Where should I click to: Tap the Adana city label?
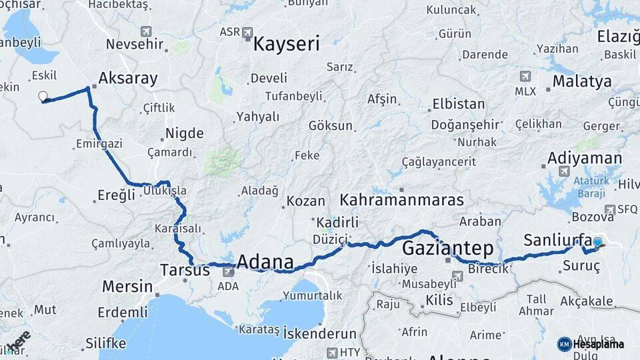click(265, 261)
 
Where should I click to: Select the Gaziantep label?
click(448, 249)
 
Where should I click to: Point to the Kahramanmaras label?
click(401, 199)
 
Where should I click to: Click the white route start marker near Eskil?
click(43, 97)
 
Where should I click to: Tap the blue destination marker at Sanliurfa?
click(597, 243)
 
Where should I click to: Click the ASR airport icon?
click(247, 31)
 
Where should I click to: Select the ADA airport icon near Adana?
click(228, 271)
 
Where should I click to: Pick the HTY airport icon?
click(332, 352)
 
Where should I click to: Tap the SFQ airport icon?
click(609, 209)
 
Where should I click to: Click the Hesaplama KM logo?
click(565, 344)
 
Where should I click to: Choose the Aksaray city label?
click(128, 79)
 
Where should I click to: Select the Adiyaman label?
click(585, 159)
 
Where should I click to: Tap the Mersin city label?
click(127, 287)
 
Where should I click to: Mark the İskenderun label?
click(320, 332)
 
